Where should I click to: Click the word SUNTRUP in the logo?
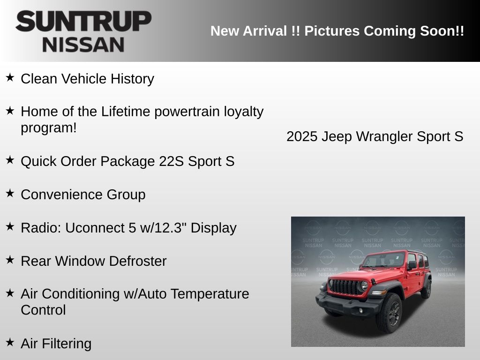pos(83,22)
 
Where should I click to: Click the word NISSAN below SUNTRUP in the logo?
pos(83,45)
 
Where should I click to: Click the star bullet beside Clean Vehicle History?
pos(10,77)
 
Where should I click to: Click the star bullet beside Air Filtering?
pos(10,342)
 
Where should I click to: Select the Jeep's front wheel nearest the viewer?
pos(390,313)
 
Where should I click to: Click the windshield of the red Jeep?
pos(384,260)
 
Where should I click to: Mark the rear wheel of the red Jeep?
pos(426,289)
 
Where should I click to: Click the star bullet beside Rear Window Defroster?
pos(10,260)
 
